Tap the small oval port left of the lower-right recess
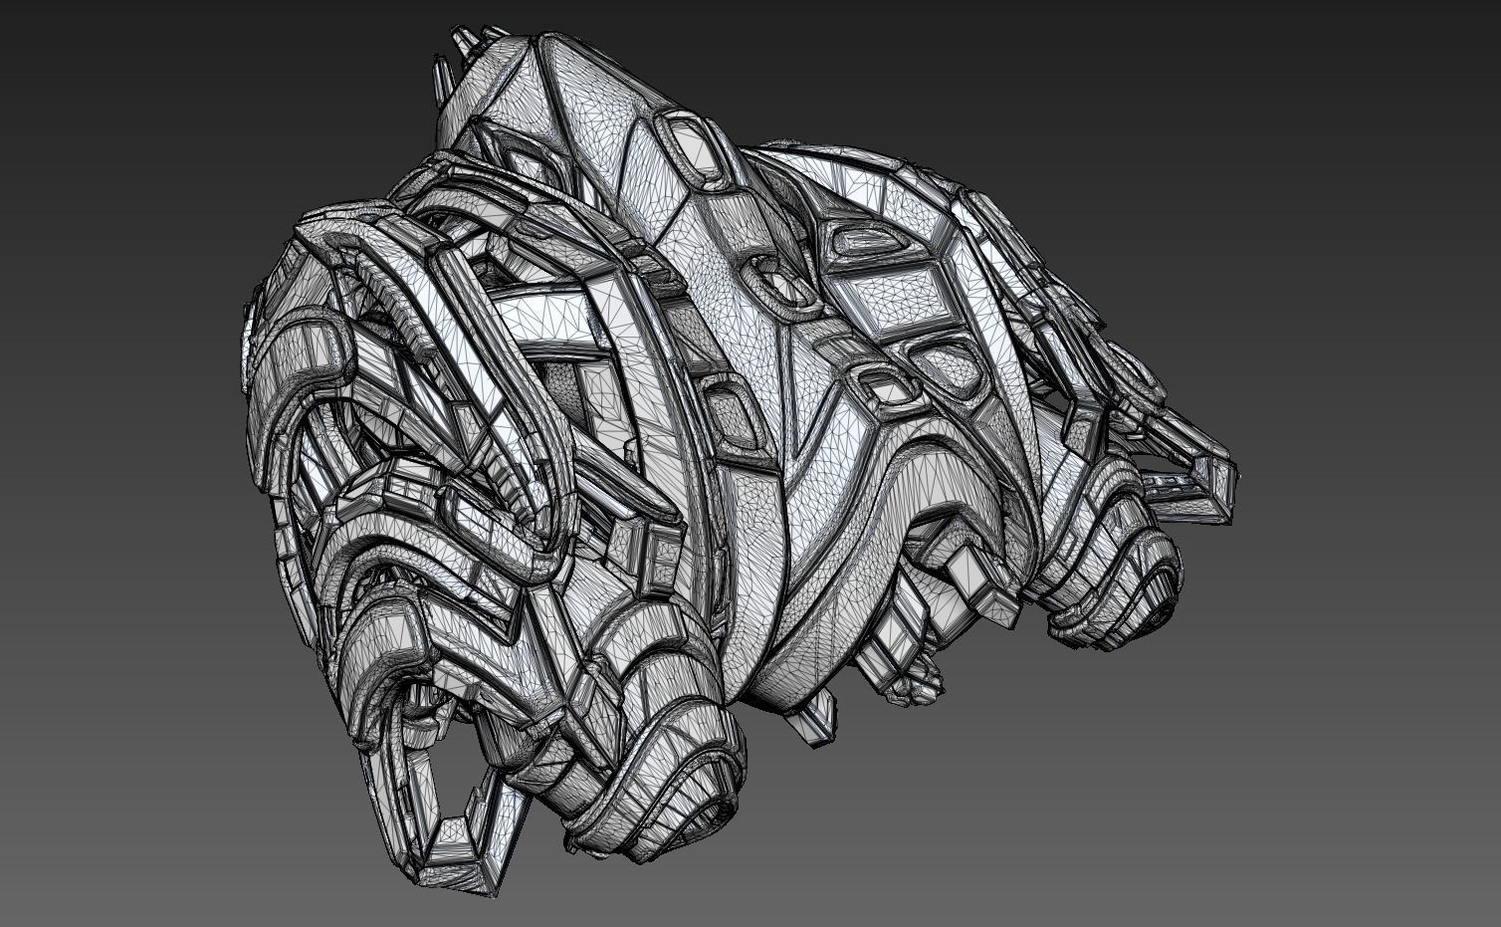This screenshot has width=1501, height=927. point(875,384)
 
